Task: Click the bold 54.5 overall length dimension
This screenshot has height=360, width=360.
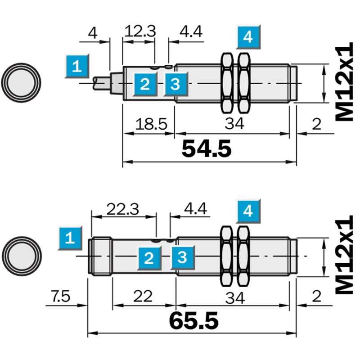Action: (207, 148)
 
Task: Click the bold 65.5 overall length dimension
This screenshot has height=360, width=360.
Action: (193, 320)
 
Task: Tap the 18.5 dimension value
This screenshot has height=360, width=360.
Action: (151, 124)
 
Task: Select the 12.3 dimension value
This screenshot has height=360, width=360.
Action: (140, 31)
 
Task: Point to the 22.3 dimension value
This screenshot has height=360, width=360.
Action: (122, 209)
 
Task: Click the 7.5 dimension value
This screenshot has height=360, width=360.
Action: (60, 296)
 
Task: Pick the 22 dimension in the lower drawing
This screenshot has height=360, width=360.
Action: (143, 296)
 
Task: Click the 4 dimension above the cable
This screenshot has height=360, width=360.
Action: (93, 33)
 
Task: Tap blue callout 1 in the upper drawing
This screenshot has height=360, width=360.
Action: (76, 66)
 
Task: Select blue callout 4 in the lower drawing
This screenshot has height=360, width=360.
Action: (248, 211)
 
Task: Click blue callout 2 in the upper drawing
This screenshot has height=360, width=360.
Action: (145, 84)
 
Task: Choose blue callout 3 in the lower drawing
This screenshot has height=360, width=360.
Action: (182, 257)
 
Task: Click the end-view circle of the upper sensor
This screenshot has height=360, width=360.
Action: (21, 83)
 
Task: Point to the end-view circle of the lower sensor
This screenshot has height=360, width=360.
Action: (22, 256)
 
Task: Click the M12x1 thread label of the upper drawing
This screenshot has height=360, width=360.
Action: (344, 81)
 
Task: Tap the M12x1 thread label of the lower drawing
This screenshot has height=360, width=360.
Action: (344, 254)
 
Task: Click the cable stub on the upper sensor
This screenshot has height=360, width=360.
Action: (102, 83)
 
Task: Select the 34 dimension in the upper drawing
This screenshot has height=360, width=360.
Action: (234, 123)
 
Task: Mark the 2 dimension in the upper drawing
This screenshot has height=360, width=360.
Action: (317, 125)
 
